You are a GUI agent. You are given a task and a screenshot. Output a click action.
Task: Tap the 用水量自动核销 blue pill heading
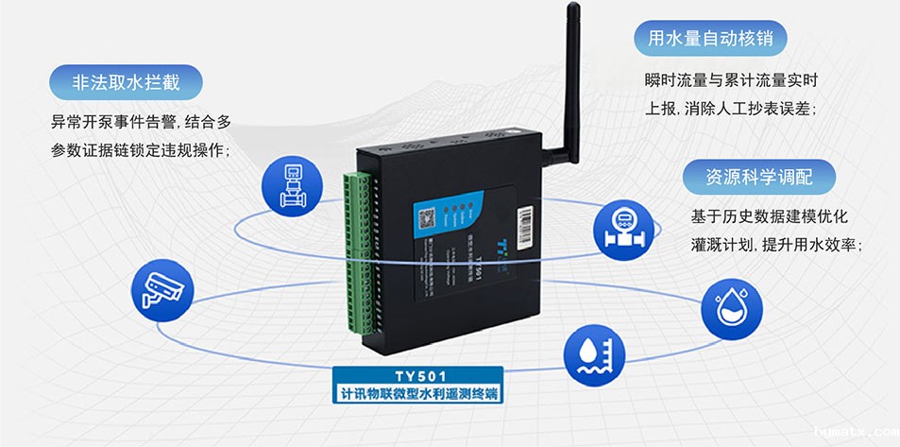[709, 39]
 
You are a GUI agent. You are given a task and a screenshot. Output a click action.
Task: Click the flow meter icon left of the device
[289, 184]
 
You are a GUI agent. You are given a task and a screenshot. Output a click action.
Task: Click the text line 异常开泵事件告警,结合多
[140, 123]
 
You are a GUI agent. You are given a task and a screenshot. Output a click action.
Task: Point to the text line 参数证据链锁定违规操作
[140, 151]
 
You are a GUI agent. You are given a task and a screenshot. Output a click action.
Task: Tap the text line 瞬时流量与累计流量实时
[728, 79]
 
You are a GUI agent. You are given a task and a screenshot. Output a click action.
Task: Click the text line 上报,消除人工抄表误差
[730, 108]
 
